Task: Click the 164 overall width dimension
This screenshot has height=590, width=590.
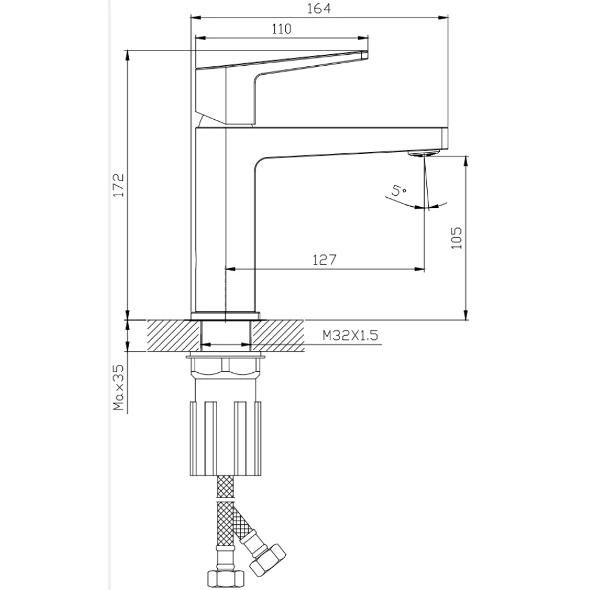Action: tap(319, 9)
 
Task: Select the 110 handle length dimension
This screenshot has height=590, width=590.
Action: tap(282, 29)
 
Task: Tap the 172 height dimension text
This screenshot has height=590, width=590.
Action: tap(118, 185)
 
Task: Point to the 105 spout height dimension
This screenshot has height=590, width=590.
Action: tap(456, 237)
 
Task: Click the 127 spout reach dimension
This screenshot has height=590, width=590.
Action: tap(324, 260)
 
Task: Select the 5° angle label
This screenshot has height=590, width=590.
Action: tap(398, 190)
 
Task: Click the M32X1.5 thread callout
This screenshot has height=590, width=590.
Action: tap(350, 335)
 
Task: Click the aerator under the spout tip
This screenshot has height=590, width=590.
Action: tap(424, 153)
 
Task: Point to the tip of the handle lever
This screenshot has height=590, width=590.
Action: tap(367, 55)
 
